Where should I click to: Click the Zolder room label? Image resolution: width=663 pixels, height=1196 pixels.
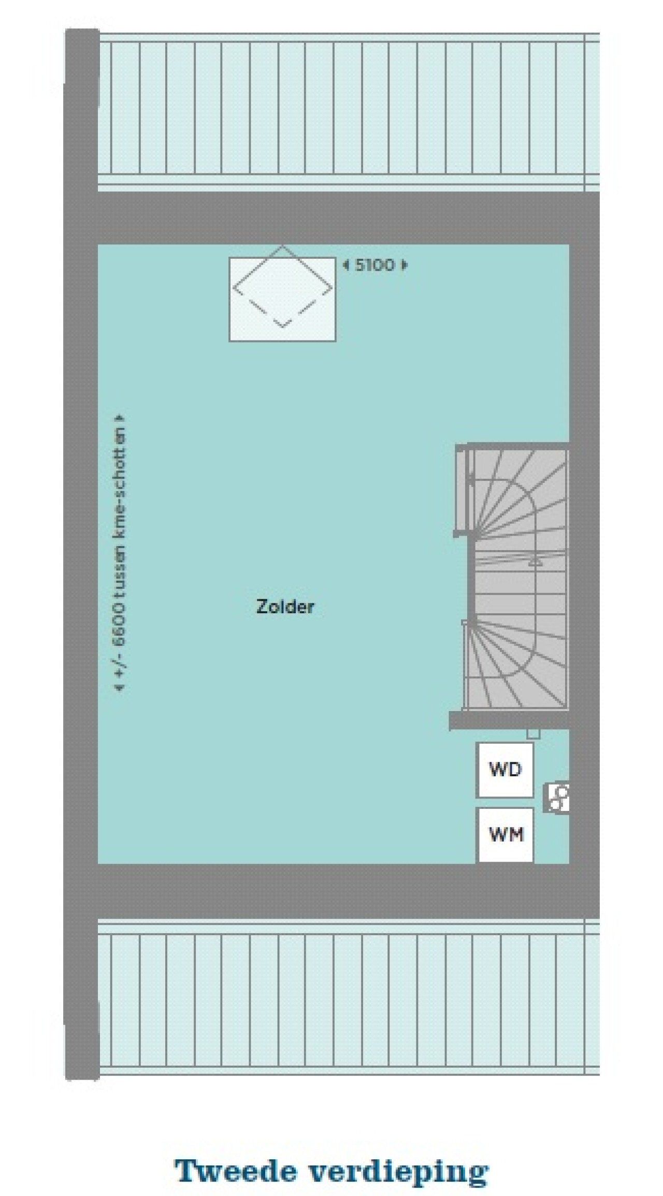pos(285,607)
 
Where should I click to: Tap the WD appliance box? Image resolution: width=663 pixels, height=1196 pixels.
pos(505,770)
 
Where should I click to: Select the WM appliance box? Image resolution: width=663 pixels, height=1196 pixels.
pos(506,834)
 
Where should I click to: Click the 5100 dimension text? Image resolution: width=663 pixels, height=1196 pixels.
pos(375,265)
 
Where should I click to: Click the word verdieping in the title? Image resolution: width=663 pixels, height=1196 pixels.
pos(399,1158)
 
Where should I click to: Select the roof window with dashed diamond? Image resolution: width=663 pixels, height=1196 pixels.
pos(282,299)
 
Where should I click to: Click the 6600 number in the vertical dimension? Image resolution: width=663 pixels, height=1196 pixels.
pos(121,624)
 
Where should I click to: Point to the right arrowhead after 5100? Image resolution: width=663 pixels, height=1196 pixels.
pos(405,265)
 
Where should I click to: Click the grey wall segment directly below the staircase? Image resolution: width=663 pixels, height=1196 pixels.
pos(509,720)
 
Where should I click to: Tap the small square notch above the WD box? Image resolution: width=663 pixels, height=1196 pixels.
pos(533,734)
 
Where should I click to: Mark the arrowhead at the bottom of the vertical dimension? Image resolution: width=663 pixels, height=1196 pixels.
pos(121,688)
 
